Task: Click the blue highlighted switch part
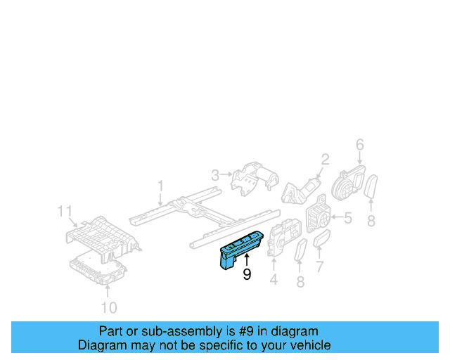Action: click(x=240, y=247)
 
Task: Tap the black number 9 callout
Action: click(x=247, y=275)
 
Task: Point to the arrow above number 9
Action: click(x=247, y=261)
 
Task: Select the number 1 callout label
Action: click(x=160, y=186)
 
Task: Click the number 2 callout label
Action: click(x=325, y=159)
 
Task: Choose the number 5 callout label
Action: click(x=348, y=219)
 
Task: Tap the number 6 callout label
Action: click(x=359, y=145)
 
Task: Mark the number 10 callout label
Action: click(x=108, y=307)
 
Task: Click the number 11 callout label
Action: click(x=65, y=210)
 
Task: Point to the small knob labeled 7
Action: click(x=323, y=241)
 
